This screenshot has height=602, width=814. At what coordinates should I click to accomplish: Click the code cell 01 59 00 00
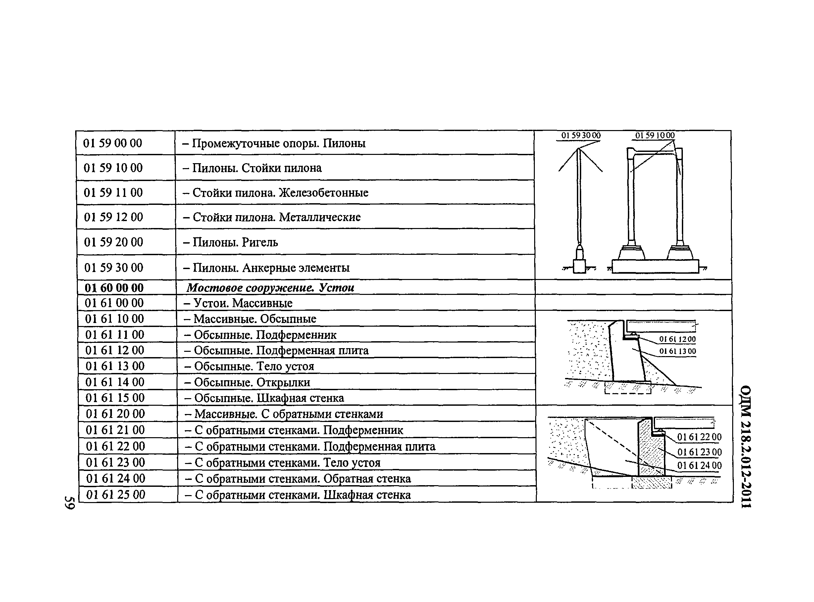point(113,143)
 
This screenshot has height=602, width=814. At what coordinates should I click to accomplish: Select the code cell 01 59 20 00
point(113,242)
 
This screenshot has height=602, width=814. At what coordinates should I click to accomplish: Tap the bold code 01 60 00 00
point(114,288)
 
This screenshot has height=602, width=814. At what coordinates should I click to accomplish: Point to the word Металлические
point(320,217)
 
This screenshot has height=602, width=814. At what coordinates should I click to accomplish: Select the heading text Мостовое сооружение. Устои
point(270,288)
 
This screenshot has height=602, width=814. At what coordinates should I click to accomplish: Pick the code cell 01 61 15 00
point(115,398)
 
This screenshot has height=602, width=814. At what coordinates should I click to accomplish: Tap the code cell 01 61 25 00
point(116,495)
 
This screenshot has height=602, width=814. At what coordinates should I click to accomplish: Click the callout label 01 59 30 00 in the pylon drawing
point(581,136)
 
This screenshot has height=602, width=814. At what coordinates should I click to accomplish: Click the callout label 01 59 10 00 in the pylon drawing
point(655,136)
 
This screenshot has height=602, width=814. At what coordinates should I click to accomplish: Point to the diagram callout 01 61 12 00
point(677,339)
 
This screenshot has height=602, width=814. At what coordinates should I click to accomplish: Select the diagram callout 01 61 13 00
point(677,351)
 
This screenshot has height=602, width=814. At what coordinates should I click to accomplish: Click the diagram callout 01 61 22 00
point(699,437)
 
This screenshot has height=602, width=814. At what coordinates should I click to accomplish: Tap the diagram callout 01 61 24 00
point(699,466)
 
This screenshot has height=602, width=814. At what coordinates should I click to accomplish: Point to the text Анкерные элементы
point(296,268)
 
